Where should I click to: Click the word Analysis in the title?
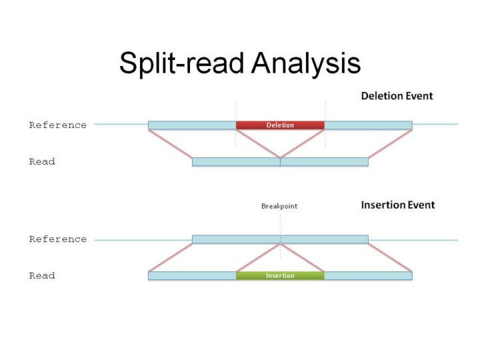tap(306, 63)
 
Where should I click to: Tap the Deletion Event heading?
tap(397, 96)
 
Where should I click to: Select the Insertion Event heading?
tap(397, 205)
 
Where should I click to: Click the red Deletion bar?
tap(280, 125)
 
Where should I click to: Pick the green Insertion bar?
tap(280, 276)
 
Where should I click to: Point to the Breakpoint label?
tap(279, 207)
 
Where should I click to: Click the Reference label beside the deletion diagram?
tap(57, 125)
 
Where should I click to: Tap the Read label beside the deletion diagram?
tap(41, 162)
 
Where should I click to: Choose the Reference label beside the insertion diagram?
tap(57, 239)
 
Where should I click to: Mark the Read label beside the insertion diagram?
tap(41, 276)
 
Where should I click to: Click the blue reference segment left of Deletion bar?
tap(192, 125)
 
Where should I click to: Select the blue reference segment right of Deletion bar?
tap(368, 125)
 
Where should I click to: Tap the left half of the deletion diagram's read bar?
tap(236, 162)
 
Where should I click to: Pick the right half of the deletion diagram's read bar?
tap(324, 162)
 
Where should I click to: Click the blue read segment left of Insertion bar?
tap(192, 276)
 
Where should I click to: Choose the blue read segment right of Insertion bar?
tap(368, 276)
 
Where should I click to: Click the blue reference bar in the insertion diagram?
tap(280, 239)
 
